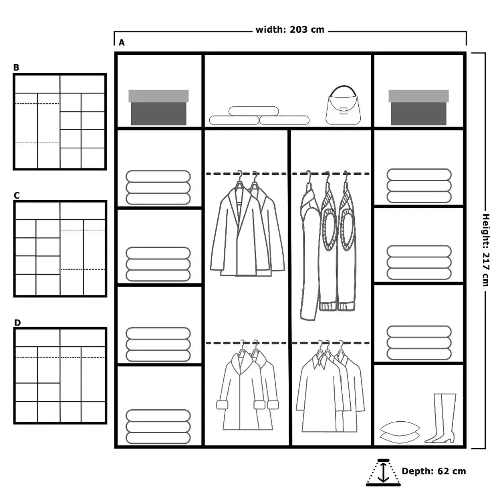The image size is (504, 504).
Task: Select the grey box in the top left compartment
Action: pos(158,108)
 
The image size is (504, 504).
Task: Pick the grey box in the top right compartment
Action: pos(418,108)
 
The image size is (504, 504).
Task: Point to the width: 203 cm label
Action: pos(290,30)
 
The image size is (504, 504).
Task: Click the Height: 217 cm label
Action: pos(486,250)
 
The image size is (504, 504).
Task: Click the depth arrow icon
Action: pos(383,472)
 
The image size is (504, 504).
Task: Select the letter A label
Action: pos(121,43)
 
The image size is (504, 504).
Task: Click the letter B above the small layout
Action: pos(16,68)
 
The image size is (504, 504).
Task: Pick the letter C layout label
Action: pos(16,195)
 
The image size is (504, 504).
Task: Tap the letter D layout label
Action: pos(17,323)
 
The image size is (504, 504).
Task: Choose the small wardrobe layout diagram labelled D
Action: pos(60,376)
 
